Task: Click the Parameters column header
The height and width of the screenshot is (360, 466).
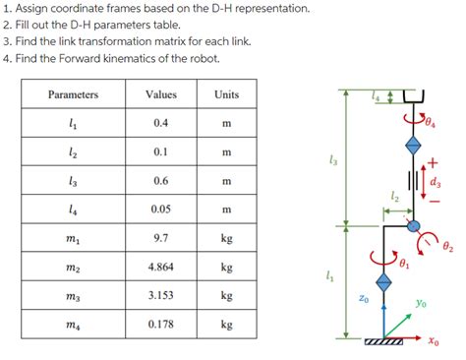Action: [73, 94]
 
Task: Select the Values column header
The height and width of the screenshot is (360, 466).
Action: [160, 94]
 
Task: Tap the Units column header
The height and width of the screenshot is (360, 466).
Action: [226, 94]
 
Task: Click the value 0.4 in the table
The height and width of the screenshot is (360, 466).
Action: [160, 123]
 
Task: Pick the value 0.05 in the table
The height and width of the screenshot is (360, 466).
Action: [160, 210]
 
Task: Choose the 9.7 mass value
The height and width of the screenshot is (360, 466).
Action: [160, 238]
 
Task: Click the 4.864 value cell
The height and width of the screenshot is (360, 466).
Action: [160, 267]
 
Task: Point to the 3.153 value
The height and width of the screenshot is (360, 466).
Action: [160, 295]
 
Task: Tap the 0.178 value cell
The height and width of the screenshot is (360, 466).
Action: [160, 324]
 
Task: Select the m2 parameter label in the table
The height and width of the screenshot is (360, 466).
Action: [73, 268]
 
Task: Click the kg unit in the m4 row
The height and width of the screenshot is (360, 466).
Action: [226, 324]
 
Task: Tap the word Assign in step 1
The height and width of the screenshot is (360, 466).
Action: [33, 9]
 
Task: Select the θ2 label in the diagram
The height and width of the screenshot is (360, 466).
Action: [448, 247]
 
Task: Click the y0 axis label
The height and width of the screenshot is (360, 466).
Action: [421, 304]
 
